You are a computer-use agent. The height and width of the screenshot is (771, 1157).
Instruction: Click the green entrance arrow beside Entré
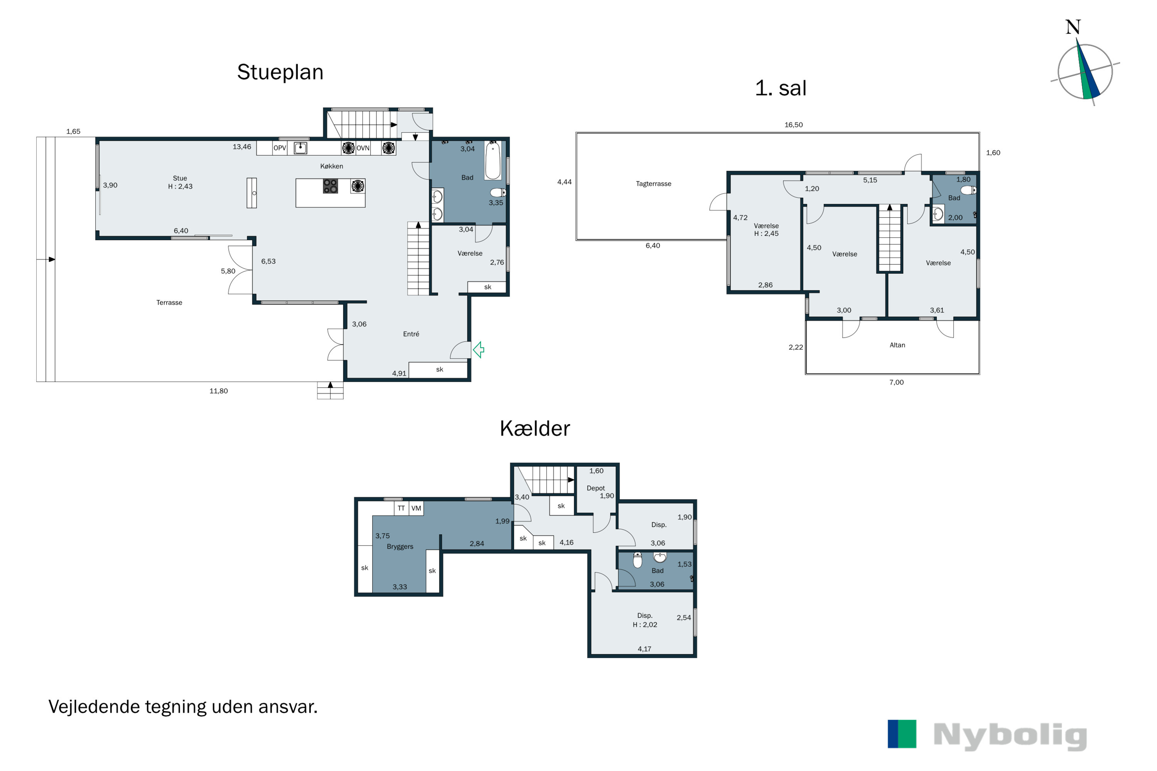coord(479,350)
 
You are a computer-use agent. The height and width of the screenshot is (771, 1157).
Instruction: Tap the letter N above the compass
coord(1073,27)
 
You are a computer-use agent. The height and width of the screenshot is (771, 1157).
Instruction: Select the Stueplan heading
coord(280,72)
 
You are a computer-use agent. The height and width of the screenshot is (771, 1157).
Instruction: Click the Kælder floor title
coord(535,428)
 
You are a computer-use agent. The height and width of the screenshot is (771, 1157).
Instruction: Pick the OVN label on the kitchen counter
coord(363,148)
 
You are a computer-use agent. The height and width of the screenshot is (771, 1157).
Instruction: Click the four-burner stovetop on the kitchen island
coord(331,186)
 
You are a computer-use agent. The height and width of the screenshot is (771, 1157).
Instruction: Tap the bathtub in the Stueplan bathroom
coord(493,160)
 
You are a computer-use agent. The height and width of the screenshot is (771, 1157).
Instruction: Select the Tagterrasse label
coord(653,184)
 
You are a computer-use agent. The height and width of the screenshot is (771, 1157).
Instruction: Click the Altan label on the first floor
coord(897,345)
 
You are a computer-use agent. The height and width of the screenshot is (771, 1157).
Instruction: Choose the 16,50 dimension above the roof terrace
coord(793,125)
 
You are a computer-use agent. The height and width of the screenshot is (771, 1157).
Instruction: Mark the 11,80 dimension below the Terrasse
coord(218,391)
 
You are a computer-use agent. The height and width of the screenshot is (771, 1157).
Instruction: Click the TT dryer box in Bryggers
coord(401,508)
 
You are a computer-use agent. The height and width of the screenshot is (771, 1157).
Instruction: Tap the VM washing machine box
coord(416,508)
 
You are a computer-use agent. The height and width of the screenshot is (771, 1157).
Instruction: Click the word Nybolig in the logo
coord(1010,736)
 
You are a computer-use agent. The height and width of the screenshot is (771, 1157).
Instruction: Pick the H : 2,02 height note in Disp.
coord(645,625)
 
